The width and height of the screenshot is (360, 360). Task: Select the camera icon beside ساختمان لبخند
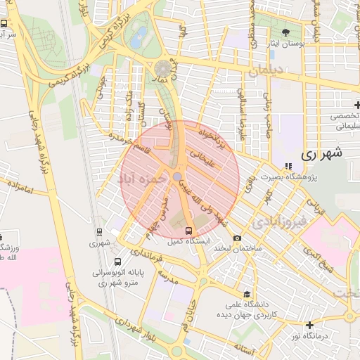point(237,238)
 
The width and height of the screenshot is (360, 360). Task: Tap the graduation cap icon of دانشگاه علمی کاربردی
point(246,295)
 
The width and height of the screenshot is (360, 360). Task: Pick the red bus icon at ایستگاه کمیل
point(188,231)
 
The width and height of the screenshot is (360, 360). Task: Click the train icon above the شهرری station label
point(98,232)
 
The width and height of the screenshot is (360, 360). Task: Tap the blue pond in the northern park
point(139,34)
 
